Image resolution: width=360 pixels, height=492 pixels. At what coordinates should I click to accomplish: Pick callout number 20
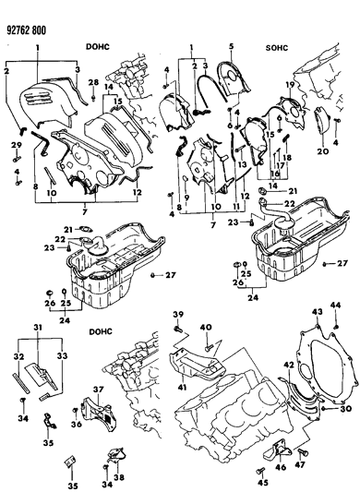323,151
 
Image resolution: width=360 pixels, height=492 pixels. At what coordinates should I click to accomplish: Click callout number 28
93,85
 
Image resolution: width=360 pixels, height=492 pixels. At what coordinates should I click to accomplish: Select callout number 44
337,306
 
